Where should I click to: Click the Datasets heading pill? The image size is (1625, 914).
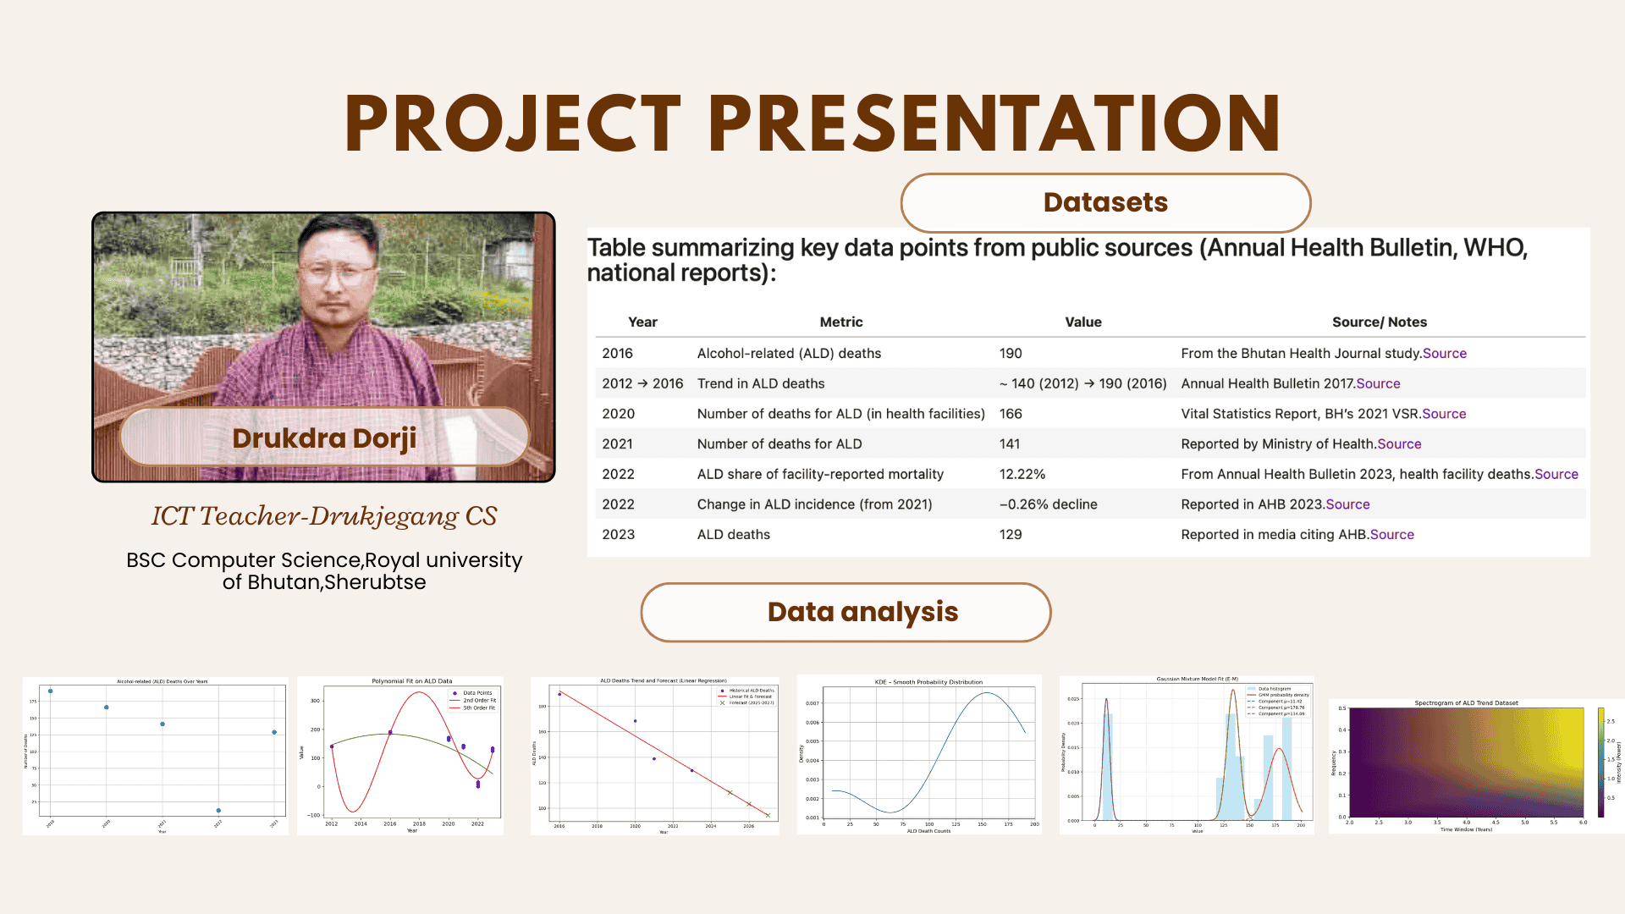(x=1105, y=203)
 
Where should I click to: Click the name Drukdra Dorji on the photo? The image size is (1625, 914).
(x=324, y=438)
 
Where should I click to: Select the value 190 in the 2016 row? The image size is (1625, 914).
(x=1011, y=354)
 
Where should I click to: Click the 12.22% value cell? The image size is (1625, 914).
(x=1022, y=474)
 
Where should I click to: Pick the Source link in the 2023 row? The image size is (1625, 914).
(x=1392, y=535)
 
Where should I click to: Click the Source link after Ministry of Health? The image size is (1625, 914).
(x=1399, y=444)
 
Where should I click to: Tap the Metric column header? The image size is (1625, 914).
(x=841, y=322)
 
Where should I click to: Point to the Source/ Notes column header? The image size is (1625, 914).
(x=1380, y=322)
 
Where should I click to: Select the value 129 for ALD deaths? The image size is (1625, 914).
(x=1011, y=535)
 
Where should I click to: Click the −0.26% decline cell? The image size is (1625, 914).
(x=1048, y=504)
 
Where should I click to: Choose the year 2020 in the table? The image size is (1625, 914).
(x=618, y=414)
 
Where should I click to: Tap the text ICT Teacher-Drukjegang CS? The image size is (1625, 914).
(x=324, y=516)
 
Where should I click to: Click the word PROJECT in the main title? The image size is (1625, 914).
(x=513, y=124)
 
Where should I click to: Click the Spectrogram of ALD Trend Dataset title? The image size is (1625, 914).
(x=1466, y=702)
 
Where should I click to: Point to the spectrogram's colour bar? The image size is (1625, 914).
(x=1600, y=763)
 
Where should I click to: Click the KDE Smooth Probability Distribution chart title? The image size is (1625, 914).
(x=928, y=681)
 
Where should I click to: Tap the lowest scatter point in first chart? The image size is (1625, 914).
(x=218, y=811)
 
